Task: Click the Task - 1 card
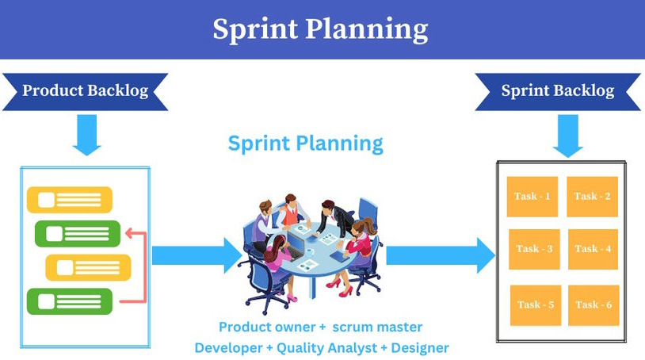point(532,197)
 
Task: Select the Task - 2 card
point(593,197)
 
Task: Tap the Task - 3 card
point(533,249)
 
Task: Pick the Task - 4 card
point(593,249)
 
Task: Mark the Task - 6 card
point(593,304)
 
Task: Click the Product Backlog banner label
point(85,90)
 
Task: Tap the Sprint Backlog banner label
point(557,90)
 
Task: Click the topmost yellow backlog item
point(70,199)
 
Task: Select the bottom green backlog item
point(70,301)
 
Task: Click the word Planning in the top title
point(362,29)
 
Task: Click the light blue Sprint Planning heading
point(305,144)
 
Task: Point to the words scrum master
point(377,327)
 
